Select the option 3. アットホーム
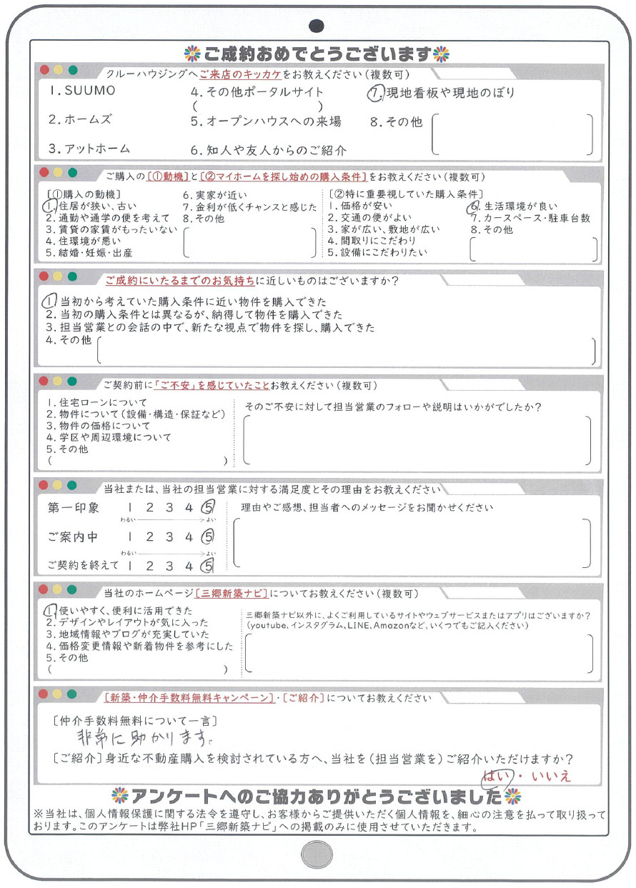coord(89,149)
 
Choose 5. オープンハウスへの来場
coord(266,121)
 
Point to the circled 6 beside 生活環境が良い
coord(472,206)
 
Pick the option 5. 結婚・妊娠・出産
coord(89,252)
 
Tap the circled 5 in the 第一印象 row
coord(208,509)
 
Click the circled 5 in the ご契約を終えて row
coord(208,567)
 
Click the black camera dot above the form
coord(317,26)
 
